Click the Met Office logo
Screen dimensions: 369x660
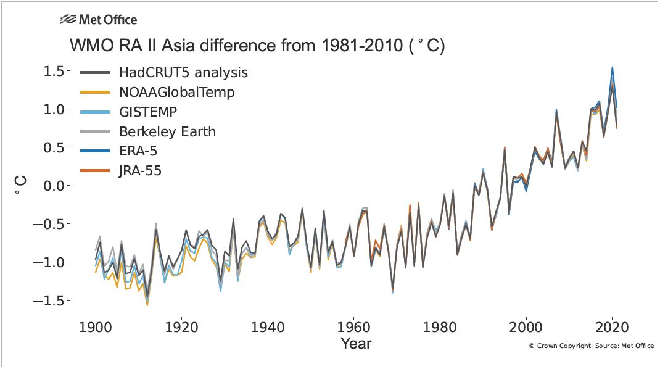coord(98,20)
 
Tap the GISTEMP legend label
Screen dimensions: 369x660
coord(149,112)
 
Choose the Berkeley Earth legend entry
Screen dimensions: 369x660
coord(167,132)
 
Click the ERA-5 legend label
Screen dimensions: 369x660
coord(141,152)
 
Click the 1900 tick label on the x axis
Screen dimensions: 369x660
coord(96,326)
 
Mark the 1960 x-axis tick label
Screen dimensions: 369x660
coord(353,326)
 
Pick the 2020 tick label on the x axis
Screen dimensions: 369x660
coord(612,326)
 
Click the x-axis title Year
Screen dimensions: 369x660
coord(356,343)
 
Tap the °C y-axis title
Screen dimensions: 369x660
coord(20,186)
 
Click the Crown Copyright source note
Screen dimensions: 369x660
coord(591,346)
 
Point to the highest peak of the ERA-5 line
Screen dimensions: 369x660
coord(612,67)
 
